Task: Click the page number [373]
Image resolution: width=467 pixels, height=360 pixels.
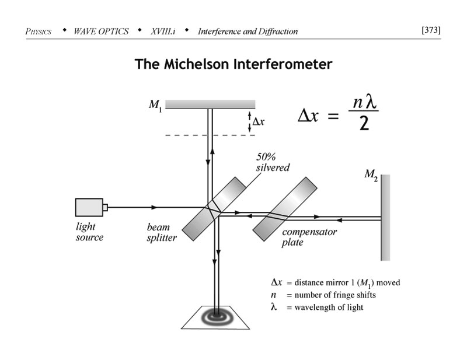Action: point(431,30)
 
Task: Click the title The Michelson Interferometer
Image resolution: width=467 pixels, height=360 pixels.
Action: point(233,64)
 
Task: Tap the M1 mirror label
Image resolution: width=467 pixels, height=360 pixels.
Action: point(155,106)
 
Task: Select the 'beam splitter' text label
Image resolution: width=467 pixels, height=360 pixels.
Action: point(161,233)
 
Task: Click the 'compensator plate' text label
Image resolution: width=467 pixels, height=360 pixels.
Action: point(309,237)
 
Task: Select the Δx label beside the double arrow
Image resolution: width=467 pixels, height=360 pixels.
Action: point(259,123)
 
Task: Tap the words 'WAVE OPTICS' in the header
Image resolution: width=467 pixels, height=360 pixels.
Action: point(101,31)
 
